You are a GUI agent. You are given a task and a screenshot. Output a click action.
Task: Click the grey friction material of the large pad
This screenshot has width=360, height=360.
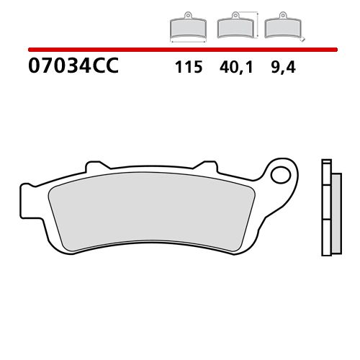coord(151,209)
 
